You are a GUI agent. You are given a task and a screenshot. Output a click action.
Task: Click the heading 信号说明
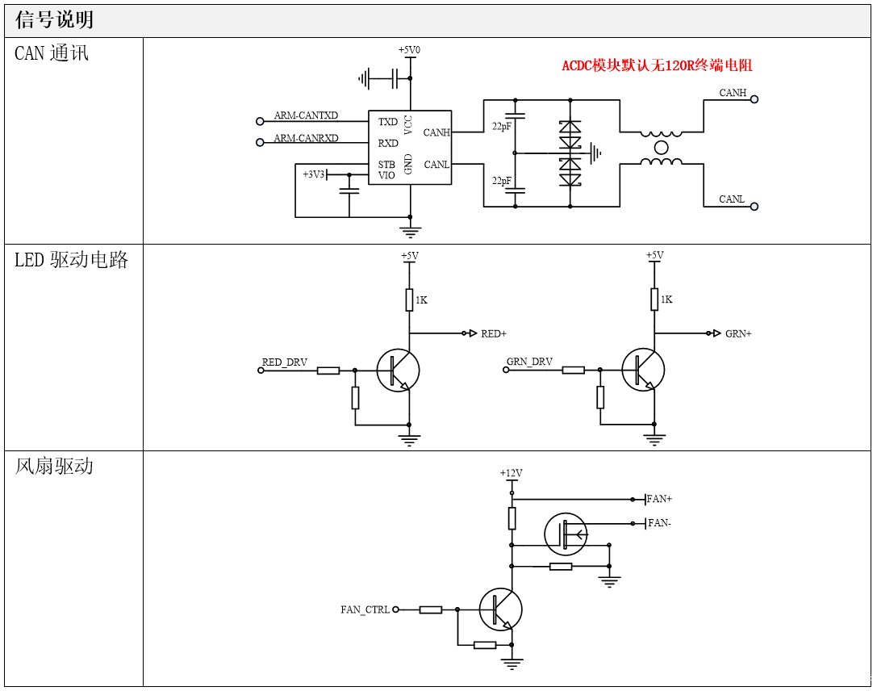tap(54, 20)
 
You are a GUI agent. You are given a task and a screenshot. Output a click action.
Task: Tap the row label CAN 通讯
tap(52, 54)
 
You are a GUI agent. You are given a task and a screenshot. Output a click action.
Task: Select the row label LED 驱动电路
tap(71, 260)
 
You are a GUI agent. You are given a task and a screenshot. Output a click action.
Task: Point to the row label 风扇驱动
tap(54, 467)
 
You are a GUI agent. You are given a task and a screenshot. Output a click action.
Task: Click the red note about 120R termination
tap(657, 65)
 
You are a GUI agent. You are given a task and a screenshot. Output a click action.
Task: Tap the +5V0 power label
tap(409, 50)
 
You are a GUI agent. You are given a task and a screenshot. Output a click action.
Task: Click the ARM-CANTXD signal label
tap(306, 115)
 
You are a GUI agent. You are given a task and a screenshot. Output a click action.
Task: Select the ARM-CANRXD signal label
tap(306, 138)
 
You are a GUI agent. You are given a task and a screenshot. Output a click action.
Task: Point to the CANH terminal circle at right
tap(754, 99)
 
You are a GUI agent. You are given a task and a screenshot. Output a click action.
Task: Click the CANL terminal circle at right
tap(754, 207)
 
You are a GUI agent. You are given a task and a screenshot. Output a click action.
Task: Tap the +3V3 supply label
tap(314, 174)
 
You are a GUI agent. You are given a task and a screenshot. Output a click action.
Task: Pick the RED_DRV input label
tap(285, 362)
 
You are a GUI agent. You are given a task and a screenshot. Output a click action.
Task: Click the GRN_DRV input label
tap(529, 362)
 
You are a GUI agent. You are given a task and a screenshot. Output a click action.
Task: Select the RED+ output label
tap(493, 333)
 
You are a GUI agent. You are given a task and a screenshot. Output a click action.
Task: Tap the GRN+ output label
tap(738, 333)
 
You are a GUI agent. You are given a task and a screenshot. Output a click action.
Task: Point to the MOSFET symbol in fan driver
tap(566, 534)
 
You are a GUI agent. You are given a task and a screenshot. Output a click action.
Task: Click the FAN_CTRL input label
tap(365, 609)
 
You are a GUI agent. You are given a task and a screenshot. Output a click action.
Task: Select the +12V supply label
tap(511, 473)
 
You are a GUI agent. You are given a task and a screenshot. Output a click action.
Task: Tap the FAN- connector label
tap(659, 523)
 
